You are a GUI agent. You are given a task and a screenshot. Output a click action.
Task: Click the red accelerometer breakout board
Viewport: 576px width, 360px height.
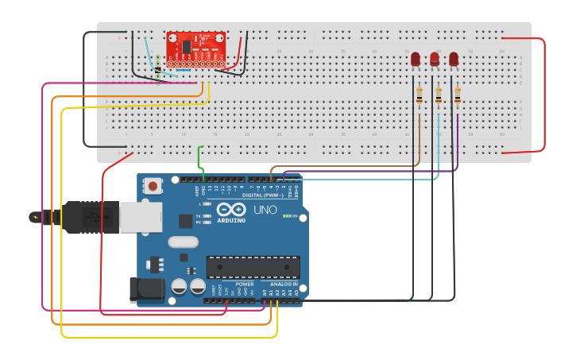pyautogui.click(x=195, y=48)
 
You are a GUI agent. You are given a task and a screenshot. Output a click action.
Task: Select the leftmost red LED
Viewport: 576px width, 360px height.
pyautogui.click(x=416, y=59)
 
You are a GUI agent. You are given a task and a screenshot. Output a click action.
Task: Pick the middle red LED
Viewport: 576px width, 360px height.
pyautogui.click(x=435, y=59)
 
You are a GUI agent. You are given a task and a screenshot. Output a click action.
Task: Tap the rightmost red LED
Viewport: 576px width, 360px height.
pyautogui.click(x=454, y=59)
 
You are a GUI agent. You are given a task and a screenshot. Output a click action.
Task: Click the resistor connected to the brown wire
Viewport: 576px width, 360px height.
pyautogui.click(x=419, y=95)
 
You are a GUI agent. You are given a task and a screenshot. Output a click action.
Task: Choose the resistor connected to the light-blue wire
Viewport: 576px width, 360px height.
pyautogui.click(x=439, y=95)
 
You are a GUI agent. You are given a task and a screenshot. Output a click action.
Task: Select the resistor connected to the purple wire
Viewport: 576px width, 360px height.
pyautogui.click(x=458, y=95)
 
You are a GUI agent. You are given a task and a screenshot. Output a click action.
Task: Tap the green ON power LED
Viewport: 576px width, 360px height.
pyautogui.click(x=286, y=215)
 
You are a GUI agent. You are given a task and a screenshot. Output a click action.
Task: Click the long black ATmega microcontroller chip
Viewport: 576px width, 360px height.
pyautogui.click(x=253, y=267)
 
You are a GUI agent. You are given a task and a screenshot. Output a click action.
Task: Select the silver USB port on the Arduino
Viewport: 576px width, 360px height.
pyautogui.click(x=141, y=217)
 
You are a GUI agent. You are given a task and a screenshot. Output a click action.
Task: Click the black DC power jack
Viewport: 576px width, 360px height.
pyautogui.click(x=147, y=289)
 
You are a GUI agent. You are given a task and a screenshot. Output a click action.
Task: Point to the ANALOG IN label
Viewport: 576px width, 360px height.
pyautogui.click(x=284, y=284)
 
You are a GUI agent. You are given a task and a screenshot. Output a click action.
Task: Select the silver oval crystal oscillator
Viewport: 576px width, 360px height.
pyautogui.click(x=183, y=242)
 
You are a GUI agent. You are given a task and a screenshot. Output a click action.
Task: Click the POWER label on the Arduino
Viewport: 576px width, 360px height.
pyautogui.click(x=245, y=284)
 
